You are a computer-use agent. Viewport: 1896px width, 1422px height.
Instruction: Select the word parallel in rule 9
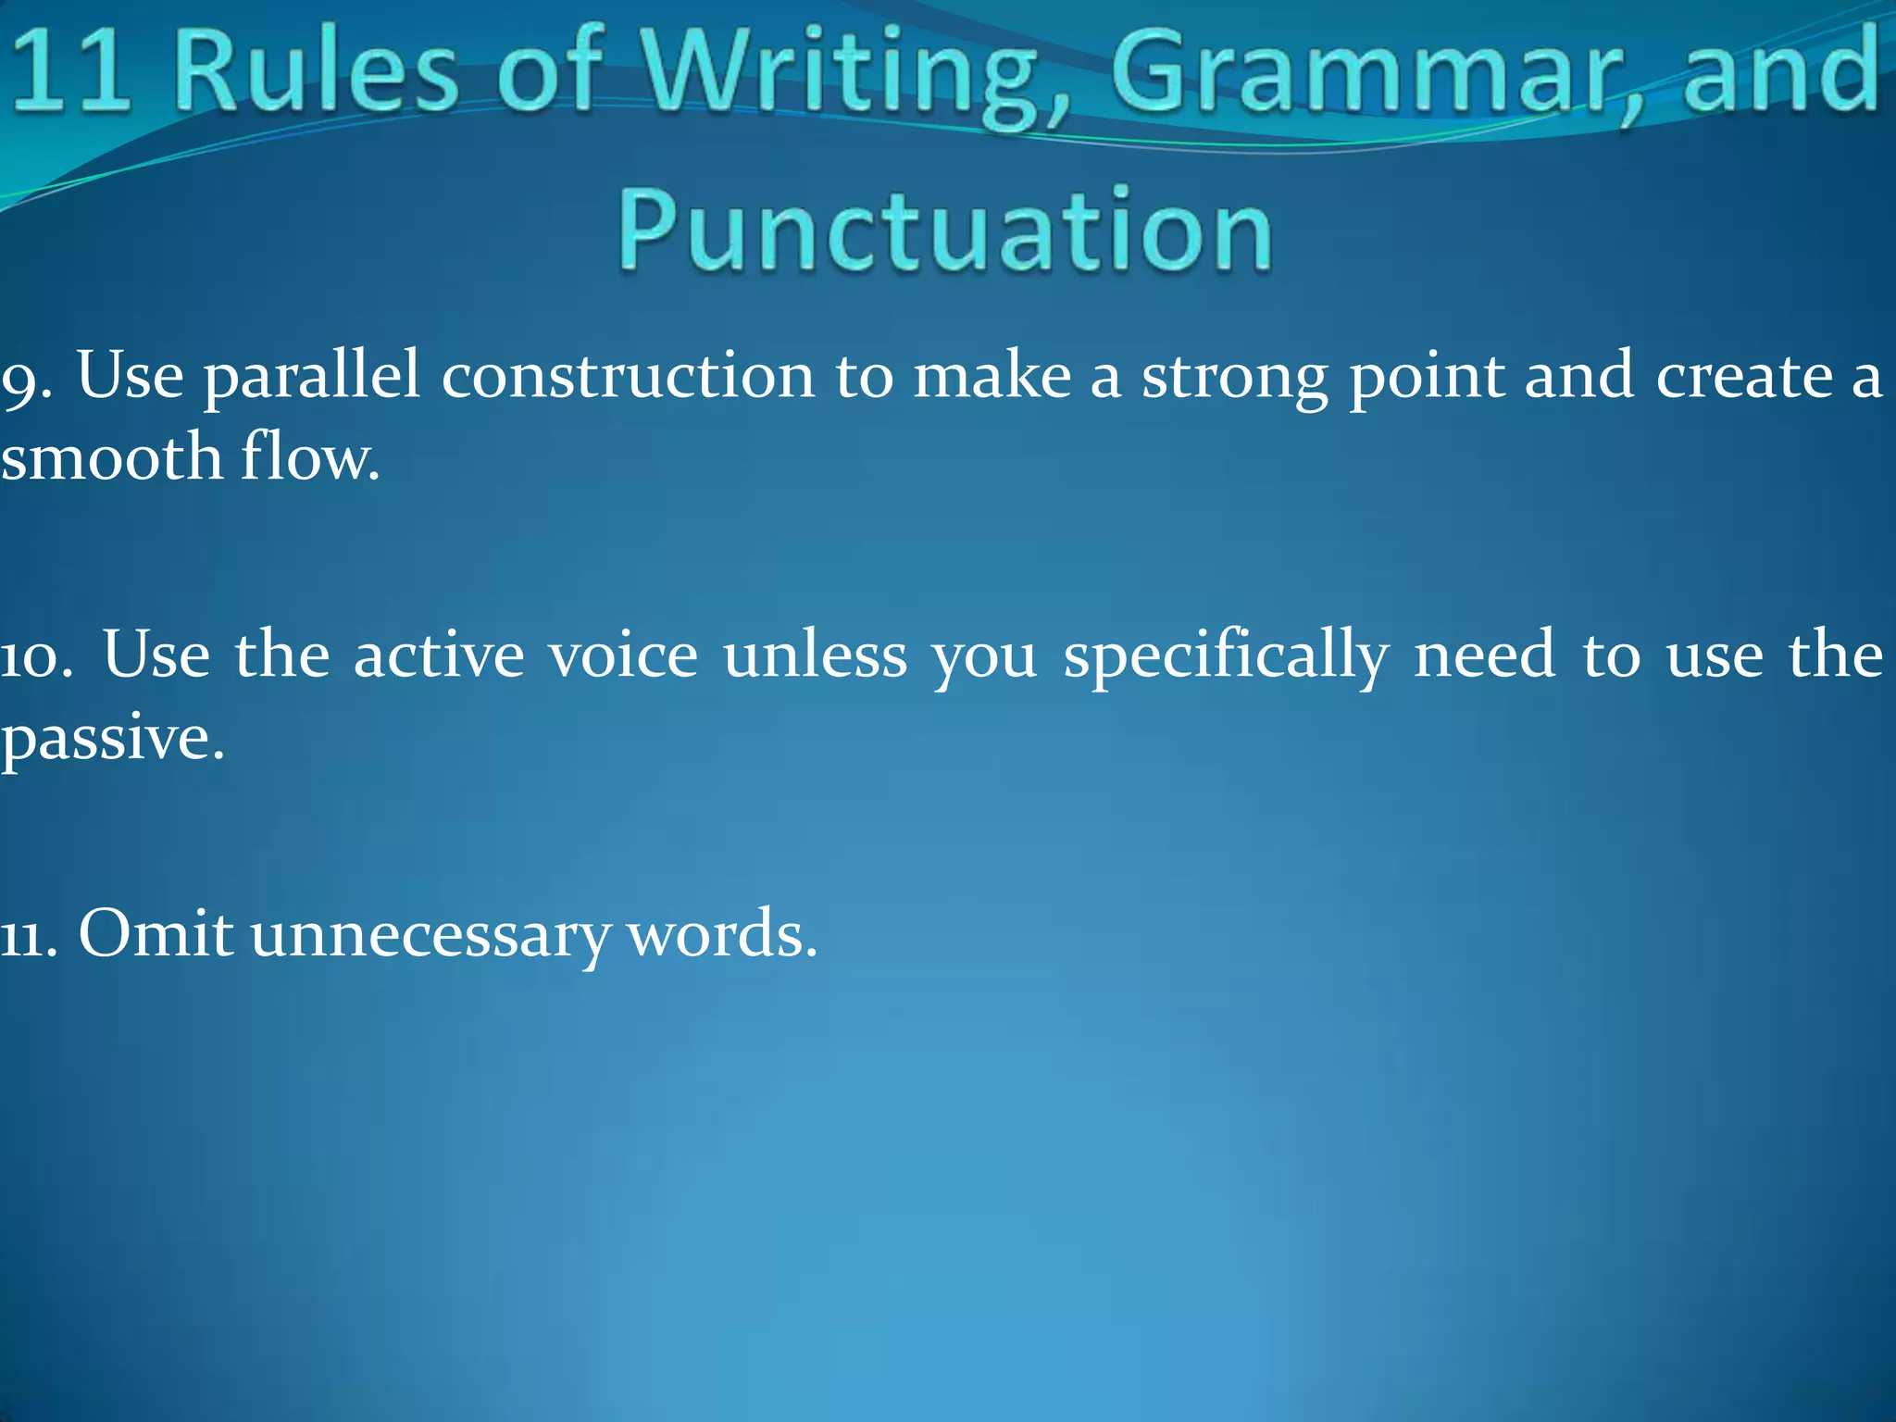tap(311, 378)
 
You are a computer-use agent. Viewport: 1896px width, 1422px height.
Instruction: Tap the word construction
tap(628, 378)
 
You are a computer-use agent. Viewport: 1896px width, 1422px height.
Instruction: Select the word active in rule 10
tap(439, 655)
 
